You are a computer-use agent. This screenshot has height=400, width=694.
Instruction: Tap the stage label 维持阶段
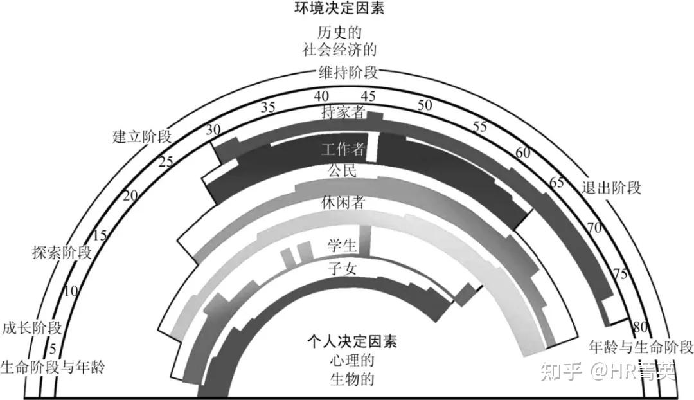tap(348, 72)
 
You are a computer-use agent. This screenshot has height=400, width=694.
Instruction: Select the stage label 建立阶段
tap(142, 136)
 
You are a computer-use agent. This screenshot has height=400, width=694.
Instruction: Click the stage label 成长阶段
tap(32, 327)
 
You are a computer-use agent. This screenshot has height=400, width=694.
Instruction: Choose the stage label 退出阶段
tap(611, 188)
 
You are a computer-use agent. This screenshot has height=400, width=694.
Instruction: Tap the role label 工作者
tap(343, 150)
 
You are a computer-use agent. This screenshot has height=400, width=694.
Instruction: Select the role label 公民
tap(342, 172)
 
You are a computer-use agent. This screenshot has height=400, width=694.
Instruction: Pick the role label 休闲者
tap(343, 203)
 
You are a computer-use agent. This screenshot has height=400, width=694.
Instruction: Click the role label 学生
tap(342, 245)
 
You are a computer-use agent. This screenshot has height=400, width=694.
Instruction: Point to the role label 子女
tap(342, 269)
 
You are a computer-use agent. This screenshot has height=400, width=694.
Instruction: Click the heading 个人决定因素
tap(352, 341)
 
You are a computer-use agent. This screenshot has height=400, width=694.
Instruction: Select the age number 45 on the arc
tap(369, 96)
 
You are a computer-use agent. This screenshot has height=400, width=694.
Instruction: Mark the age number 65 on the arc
tap(556, 182)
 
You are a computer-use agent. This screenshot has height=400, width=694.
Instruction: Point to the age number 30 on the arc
tap(213, 129)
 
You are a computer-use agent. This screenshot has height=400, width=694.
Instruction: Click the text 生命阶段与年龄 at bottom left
tap(52, 368)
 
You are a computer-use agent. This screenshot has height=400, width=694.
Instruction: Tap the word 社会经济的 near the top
tap(339, 49)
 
